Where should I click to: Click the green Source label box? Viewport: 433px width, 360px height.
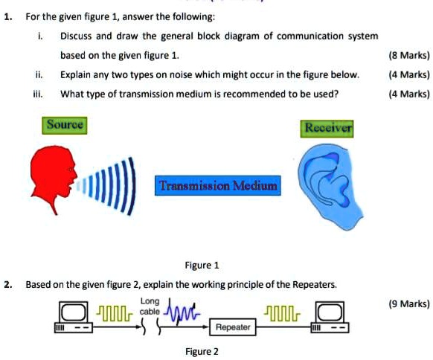65,126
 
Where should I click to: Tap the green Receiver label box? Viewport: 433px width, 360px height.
327,129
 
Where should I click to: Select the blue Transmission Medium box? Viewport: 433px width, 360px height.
217,185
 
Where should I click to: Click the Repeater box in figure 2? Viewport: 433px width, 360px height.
233,327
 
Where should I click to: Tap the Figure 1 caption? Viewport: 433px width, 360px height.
202,266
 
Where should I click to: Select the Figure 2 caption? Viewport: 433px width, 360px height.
202,352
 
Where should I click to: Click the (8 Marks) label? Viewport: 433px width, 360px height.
409,56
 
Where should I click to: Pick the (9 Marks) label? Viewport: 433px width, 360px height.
409,304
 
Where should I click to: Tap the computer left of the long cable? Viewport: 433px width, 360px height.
74,317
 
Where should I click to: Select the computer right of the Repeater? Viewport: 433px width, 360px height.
330,317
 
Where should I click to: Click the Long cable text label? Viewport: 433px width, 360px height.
150,306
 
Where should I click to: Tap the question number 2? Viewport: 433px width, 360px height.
8,285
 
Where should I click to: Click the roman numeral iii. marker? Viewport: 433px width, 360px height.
38,94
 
